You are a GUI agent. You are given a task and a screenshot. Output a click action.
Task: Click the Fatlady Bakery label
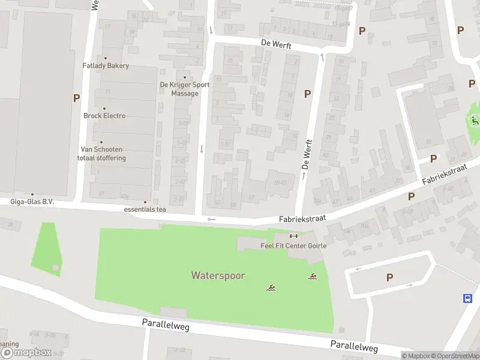tap(106, 66)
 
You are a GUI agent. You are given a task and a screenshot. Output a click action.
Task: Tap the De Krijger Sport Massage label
tap(184, 89)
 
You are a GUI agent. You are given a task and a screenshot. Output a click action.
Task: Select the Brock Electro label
tap(104, 116)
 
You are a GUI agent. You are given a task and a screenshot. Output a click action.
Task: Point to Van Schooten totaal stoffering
tap(101, 154)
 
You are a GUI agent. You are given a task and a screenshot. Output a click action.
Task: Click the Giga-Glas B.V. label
tap(32, 202)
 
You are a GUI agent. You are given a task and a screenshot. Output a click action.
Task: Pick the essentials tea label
tap(145, 209)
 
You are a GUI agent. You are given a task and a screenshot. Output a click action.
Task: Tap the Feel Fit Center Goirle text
tap(294, 246)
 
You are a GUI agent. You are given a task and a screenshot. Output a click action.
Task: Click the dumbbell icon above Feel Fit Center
tap(294, 236)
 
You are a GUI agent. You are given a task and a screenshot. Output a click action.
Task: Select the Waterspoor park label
tap(218, 275)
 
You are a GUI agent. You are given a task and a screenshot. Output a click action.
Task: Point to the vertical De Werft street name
tap(307, 154)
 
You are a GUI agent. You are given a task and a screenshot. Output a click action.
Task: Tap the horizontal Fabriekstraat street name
tap(302, 220)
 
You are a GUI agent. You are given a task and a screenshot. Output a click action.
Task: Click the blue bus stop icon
tap(467, 298)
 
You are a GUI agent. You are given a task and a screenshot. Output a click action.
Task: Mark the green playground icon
tap(475, 120)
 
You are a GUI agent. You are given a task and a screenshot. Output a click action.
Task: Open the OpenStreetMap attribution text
tap(453, 356)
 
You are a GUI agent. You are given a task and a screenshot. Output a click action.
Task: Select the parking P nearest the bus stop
tap(389, 277)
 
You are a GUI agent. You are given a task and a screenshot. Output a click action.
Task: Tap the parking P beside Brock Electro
tap(76, 98)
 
